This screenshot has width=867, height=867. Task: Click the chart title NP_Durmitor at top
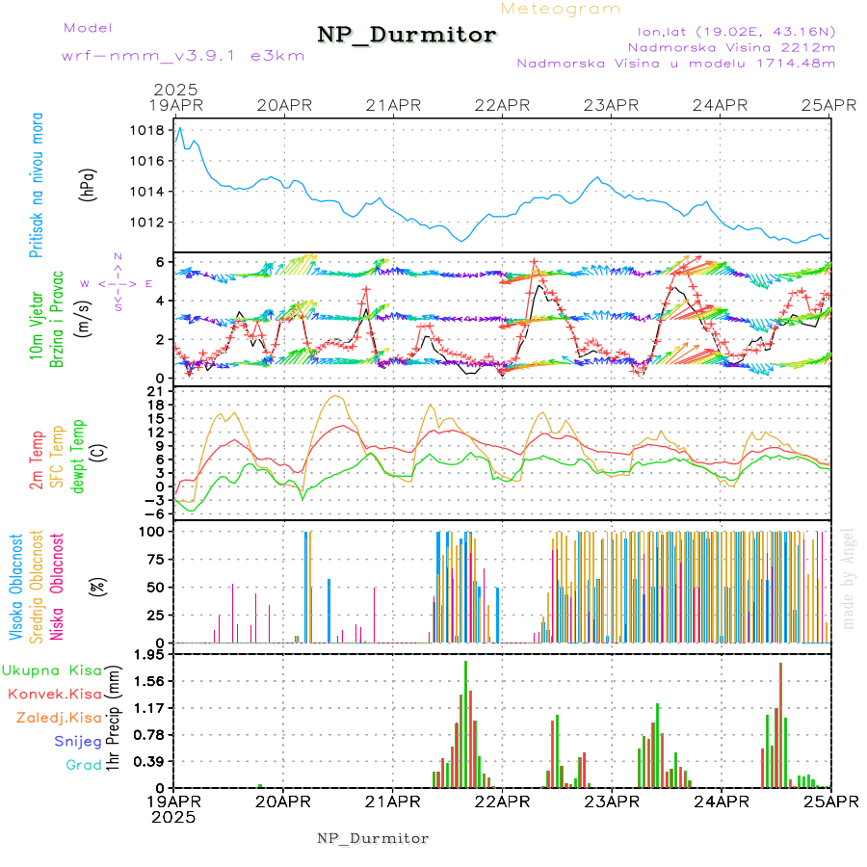[407, 36]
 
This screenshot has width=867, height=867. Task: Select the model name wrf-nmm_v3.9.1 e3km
[183, 56]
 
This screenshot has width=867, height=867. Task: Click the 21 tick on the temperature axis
[153, 391]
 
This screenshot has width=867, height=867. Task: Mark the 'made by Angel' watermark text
[848, 578]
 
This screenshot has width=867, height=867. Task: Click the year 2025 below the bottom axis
[173, 817]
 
